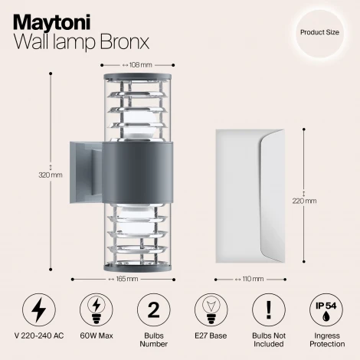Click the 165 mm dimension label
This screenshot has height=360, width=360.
pyautogui.click(x=127, y=280)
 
